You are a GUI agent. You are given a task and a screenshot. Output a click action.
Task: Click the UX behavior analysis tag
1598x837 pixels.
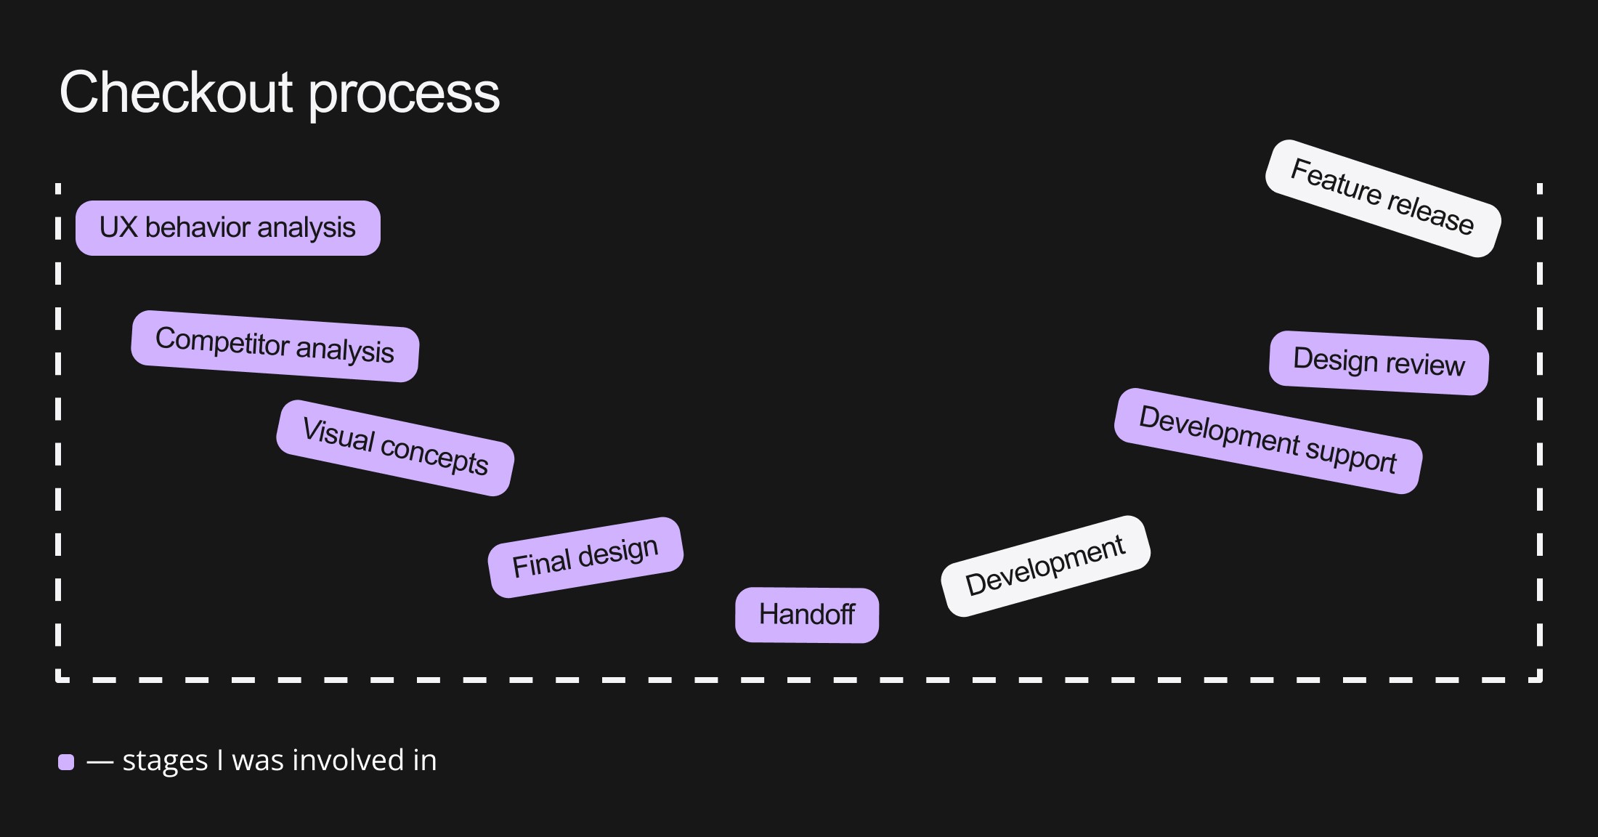tap(227, 228)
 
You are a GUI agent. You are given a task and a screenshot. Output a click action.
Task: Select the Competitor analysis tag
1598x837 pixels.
tap(275, 346)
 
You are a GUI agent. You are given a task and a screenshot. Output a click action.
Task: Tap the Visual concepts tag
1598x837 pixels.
tap(395, 448)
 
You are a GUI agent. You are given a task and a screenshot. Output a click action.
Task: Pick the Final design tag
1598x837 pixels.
tap(585, 557)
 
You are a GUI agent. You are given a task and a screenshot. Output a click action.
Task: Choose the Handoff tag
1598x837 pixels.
tap(806, 615)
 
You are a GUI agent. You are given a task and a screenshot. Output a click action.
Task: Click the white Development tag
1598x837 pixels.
tap(1045, 566)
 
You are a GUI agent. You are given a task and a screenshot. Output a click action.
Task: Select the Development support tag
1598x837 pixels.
tap(1268, 441)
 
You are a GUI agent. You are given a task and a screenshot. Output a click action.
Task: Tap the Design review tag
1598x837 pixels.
tap(1379, 363)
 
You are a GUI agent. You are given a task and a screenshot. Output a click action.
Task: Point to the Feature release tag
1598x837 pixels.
tap(1382, 198)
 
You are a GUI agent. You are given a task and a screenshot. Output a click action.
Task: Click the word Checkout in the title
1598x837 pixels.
tap(176, 92)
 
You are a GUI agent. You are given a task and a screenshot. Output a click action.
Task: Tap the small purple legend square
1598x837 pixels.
tap(66, 762)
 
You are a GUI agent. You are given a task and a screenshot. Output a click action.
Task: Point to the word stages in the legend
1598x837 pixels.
tap(165, 761)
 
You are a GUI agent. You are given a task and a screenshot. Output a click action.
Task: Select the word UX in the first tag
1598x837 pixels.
tap(118, 227)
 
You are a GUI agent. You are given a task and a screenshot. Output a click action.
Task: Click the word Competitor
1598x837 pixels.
tap(222, 341)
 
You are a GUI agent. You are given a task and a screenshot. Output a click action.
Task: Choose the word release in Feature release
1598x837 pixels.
tap(1429, 214)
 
